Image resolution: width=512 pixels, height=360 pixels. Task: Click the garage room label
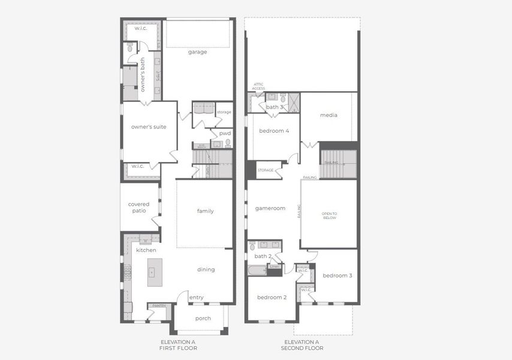[197, 52]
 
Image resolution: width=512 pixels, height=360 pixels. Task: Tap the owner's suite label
[149, 127]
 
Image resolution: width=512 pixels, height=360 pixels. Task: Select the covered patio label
[138, 208]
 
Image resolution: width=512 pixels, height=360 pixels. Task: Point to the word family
[206, 211]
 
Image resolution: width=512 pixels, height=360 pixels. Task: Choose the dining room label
[206, 270]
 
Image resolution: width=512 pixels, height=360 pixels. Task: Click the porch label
[203, 319]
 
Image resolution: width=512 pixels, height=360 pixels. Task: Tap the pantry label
[159, 306]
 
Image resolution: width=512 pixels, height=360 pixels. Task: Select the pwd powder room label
[225, 133]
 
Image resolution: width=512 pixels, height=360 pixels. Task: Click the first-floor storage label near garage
[224, 112]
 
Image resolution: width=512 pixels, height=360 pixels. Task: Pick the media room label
[329, 115]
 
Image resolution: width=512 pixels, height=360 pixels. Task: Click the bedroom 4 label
[274, 131]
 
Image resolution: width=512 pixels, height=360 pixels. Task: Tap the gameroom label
[270, 209]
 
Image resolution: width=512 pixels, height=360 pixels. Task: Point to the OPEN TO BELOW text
[329, 216]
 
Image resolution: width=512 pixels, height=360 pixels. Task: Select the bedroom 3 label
[337, 276]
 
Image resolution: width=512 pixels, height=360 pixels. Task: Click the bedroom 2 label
[272, 298]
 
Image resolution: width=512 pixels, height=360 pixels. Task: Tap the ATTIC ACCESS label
[258, 86]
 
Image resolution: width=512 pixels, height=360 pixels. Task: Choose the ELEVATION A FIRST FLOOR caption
[178, 345]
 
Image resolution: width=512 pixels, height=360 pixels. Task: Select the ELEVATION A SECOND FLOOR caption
[302, 345]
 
